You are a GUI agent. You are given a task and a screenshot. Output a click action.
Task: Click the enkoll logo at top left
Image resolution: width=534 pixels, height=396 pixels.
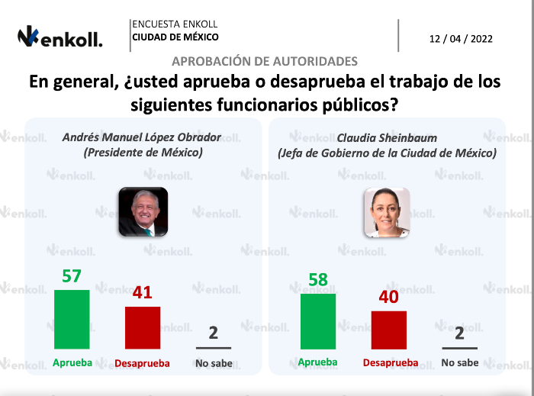point(60,37)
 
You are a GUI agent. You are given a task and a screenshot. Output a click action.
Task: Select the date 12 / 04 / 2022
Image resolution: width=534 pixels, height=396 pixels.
point(462,38)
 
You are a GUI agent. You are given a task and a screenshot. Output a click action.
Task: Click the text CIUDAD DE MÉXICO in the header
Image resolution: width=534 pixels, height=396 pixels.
point(175,37)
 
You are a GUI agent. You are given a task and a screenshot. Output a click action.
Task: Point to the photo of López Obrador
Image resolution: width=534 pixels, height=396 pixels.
point(143,211)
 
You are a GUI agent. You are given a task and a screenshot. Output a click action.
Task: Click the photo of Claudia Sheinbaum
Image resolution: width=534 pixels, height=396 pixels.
point(387,211)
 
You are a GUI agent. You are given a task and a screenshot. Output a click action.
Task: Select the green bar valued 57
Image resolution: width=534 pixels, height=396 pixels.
point(72,320)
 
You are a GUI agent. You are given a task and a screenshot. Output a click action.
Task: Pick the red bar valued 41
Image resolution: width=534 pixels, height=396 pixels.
point(143,328)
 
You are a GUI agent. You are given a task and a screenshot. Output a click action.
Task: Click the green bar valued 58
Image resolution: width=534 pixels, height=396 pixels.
point(318,320)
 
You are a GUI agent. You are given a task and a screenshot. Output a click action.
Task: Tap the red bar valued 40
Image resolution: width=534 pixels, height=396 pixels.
point(388,330)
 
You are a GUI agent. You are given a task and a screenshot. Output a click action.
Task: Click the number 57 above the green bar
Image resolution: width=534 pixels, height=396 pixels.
point(72,275)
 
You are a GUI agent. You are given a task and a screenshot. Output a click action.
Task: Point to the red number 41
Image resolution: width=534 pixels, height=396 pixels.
point(143,292)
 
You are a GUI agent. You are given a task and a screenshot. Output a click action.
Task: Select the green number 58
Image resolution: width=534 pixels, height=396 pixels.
point(318,279)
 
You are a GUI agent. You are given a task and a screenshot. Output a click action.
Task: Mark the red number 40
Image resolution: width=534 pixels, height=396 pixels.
point(389,297)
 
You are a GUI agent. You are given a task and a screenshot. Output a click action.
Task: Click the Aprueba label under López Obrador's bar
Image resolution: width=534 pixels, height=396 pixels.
point(72,362)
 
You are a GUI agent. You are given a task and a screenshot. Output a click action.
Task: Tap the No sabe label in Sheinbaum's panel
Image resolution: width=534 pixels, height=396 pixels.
point(460,362)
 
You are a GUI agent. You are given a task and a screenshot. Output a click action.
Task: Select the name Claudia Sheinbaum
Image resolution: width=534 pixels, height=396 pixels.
point(387,137)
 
